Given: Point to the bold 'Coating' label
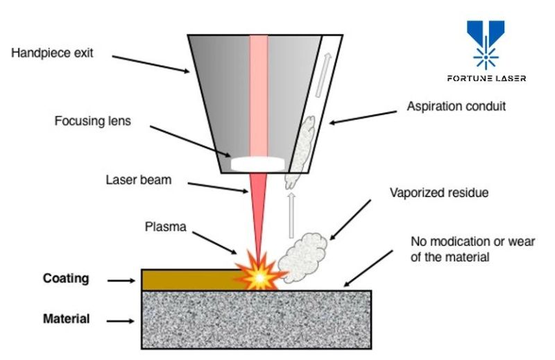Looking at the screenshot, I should tap(66, 279).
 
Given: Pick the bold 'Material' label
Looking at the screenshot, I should tap(66, 320).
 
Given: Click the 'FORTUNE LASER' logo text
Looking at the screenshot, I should tap(486, 78).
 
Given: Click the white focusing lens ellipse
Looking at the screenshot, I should tap(258, 164).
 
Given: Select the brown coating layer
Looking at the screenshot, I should tap(187, 280).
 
